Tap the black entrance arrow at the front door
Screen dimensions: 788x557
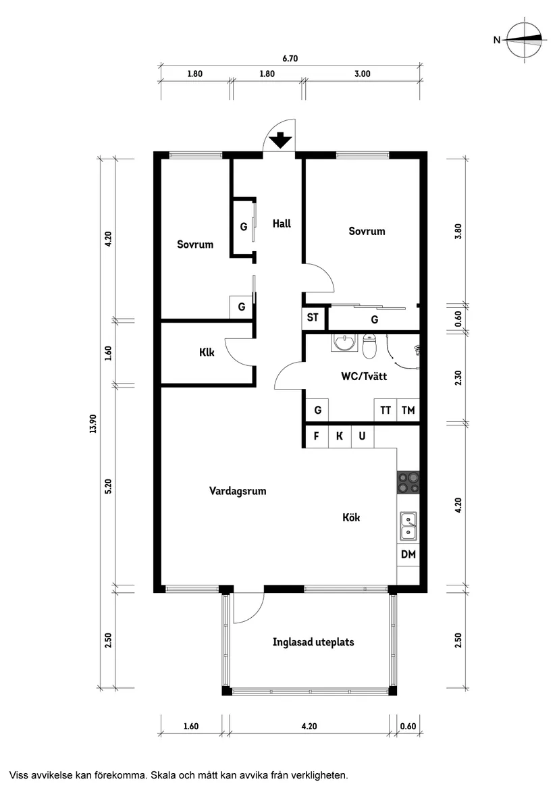click(x=279, y=140)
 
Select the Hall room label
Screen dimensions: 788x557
click(x=282, y=224)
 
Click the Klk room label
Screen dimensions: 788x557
click(x=207, y=352)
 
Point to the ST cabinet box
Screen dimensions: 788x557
click(x=313, y=317)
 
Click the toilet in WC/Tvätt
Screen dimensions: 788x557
click(x=369, y=346)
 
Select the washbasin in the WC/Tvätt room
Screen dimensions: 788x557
click(x=344, y=343)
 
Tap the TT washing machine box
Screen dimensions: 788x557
click(x=386, y=410)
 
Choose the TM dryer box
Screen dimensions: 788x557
click(x=408, y=410)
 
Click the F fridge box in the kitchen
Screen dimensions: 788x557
click(x=315, y=436)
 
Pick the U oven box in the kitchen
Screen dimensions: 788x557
click(x=362, y=436)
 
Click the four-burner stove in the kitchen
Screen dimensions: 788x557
click(x=408, y=482)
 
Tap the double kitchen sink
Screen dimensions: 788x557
click(x=408, y=526)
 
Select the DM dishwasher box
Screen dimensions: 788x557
click(x=408, y=555)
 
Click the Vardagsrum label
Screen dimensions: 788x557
click(x=238, y=491)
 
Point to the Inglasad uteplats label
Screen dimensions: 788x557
click(x=313, y=641)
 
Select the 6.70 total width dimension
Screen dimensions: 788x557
click(x=289, y=59)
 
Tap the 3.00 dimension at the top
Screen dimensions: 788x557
click(x=363, y=74)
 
